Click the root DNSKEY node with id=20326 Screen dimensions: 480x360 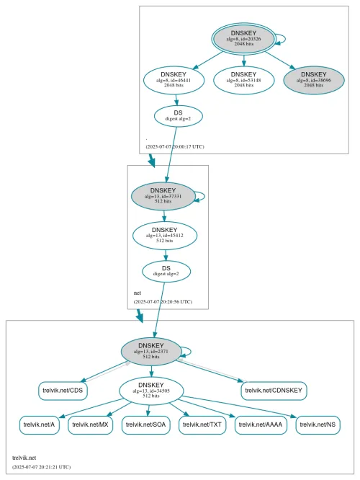pos(243,38)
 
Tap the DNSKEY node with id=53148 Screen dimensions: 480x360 pos(244,79)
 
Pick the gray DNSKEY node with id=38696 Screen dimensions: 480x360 pos(313,79)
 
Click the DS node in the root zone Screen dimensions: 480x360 pos(178,115)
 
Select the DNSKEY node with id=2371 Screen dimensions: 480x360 pos(151,351)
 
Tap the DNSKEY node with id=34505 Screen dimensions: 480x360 pos(151,391)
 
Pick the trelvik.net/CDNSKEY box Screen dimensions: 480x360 pos(275,391)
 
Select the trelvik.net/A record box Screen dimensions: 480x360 pos(41,425)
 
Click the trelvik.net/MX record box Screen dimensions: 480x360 pos(92,425)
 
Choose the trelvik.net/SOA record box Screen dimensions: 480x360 pos(147,425)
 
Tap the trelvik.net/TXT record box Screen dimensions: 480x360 pos(203,425)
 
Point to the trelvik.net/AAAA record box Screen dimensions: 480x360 pos(261,425)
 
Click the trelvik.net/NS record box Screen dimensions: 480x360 pos(318,425)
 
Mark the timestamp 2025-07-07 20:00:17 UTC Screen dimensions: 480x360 pos(175,146)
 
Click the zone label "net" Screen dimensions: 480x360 pos(138,293)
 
